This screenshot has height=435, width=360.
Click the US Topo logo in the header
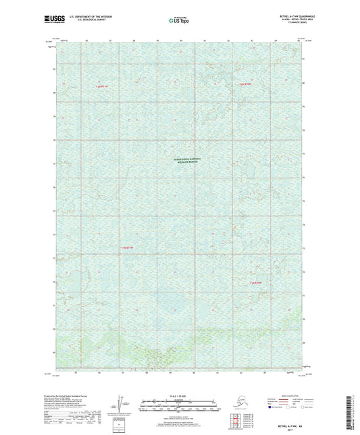click(x=179, y=21)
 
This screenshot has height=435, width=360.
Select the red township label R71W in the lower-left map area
click(x=128, y=249)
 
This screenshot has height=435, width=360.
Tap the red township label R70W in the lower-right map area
click(x=255, y=282)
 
